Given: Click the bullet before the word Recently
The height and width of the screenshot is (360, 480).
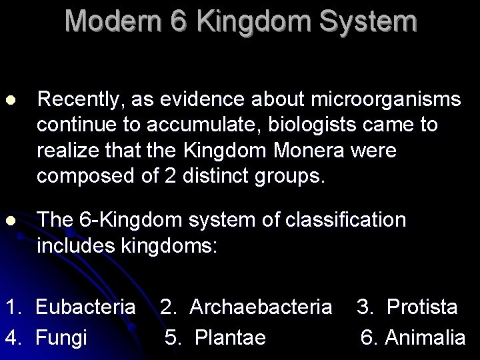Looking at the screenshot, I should point(9,100).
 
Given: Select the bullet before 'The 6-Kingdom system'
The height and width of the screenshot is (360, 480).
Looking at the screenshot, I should point(9,221).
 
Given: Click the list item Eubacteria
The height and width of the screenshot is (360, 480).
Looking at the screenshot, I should point(85,307).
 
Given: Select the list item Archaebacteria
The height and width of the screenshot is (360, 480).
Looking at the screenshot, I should point(261,307).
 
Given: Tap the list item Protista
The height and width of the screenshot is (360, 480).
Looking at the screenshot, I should point(422,307).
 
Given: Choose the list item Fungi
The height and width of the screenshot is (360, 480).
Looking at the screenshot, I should point(61,337).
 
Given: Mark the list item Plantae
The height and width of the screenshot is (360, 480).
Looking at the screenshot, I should point(230,337).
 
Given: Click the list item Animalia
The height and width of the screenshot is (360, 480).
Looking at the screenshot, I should point(425,337).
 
